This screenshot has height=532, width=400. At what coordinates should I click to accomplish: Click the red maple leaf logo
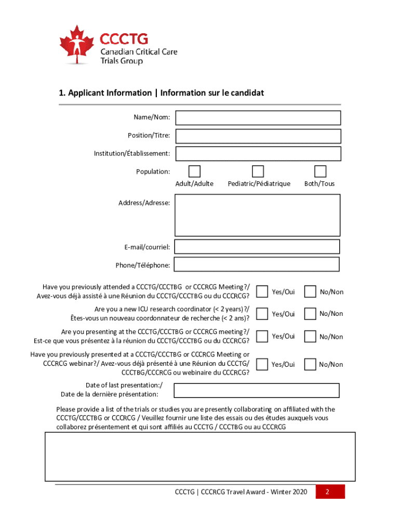tap(77, 44)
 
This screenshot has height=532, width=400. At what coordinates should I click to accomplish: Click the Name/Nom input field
tap(258, 118)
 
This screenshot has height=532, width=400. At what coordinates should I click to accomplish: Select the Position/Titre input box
tap(258, 136)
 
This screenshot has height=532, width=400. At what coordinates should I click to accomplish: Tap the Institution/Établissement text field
tap(258, 154)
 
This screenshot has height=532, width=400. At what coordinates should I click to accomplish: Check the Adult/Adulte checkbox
tap(194, 171)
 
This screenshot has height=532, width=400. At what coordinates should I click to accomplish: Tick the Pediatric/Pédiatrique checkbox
tap(258, 171)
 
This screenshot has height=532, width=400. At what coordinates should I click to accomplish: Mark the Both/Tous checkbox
tap(321, 171)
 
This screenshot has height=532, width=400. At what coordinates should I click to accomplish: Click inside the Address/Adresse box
tap(258, 215)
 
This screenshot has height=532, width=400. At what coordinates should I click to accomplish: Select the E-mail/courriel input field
tap(257, 246)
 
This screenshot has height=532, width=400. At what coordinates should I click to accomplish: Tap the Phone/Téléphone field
tap(257, 264)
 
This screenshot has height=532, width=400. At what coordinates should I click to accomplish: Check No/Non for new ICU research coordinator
tap(310, 313)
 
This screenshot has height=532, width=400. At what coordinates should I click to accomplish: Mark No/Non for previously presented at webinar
tap(310, 364)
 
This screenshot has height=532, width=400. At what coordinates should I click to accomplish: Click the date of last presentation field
tap(257, 390)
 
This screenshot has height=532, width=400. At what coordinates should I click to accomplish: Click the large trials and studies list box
tap(201, 457)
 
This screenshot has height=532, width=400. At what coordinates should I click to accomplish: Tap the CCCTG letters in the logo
tap(124, 39)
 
